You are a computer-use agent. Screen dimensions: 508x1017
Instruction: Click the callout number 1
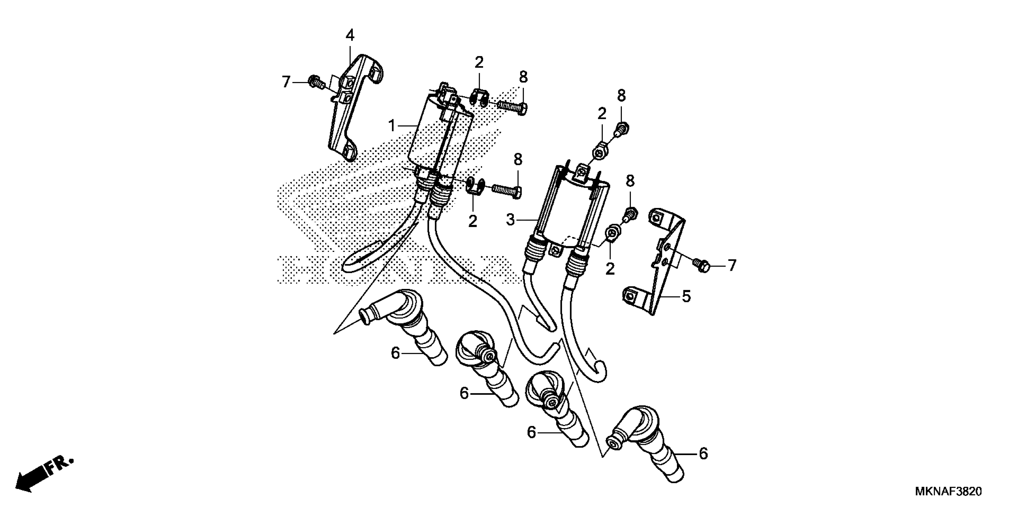point(392,126)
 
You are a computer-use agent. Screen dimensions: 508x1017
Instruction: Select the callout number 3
point(511,220)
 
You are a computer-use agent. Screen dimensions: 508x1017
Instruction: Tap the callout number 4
point(350,36)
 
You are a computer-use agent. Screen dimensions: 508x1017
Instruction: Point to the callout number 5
point(686,296)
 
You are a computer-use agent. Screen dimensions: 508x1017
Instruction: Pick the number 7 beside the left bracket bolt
point(286,82)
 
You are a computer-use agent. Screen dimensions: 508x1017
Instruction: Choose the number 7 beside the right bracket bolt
point(732,265)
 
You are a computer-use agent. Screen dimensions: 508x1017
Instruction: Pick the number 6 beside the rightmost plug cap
point(703,454)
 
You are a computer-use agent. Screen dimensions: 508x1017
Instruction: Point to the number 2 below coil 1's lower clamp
point(473,221)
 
